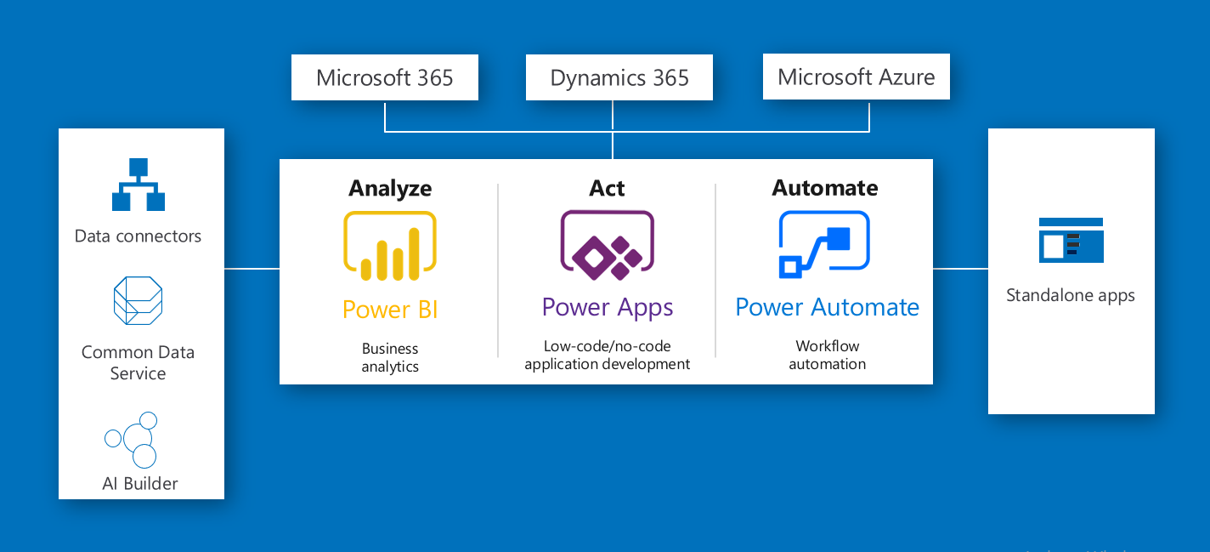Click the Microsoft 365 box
click(385, 78)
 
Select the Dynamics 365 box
click(619, 78)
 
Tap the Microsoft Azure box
click(857, 77)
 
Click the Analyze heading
click(390, 188)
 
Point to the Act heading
click(607, 188)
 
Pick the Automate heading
click(825, 188)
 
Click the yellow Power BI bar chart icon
click(390, 247)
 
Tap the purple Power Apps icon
click(607, 246)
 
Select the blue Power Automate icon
click(824, 245)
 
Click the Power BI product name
click(390, 310)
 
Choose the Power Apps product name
click(608, 308)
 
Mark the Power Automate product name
click(827, 307)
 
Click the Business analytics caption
click(390, 357)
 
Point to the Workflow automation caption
click(827, 355)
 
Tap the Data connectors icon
click(139, 185)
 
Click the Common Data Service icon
click(139, 300)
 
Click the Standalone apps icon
click(1071, 240)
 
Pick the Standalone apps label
click(1071, 296)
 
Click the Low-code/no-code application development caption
click(608, 355)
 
